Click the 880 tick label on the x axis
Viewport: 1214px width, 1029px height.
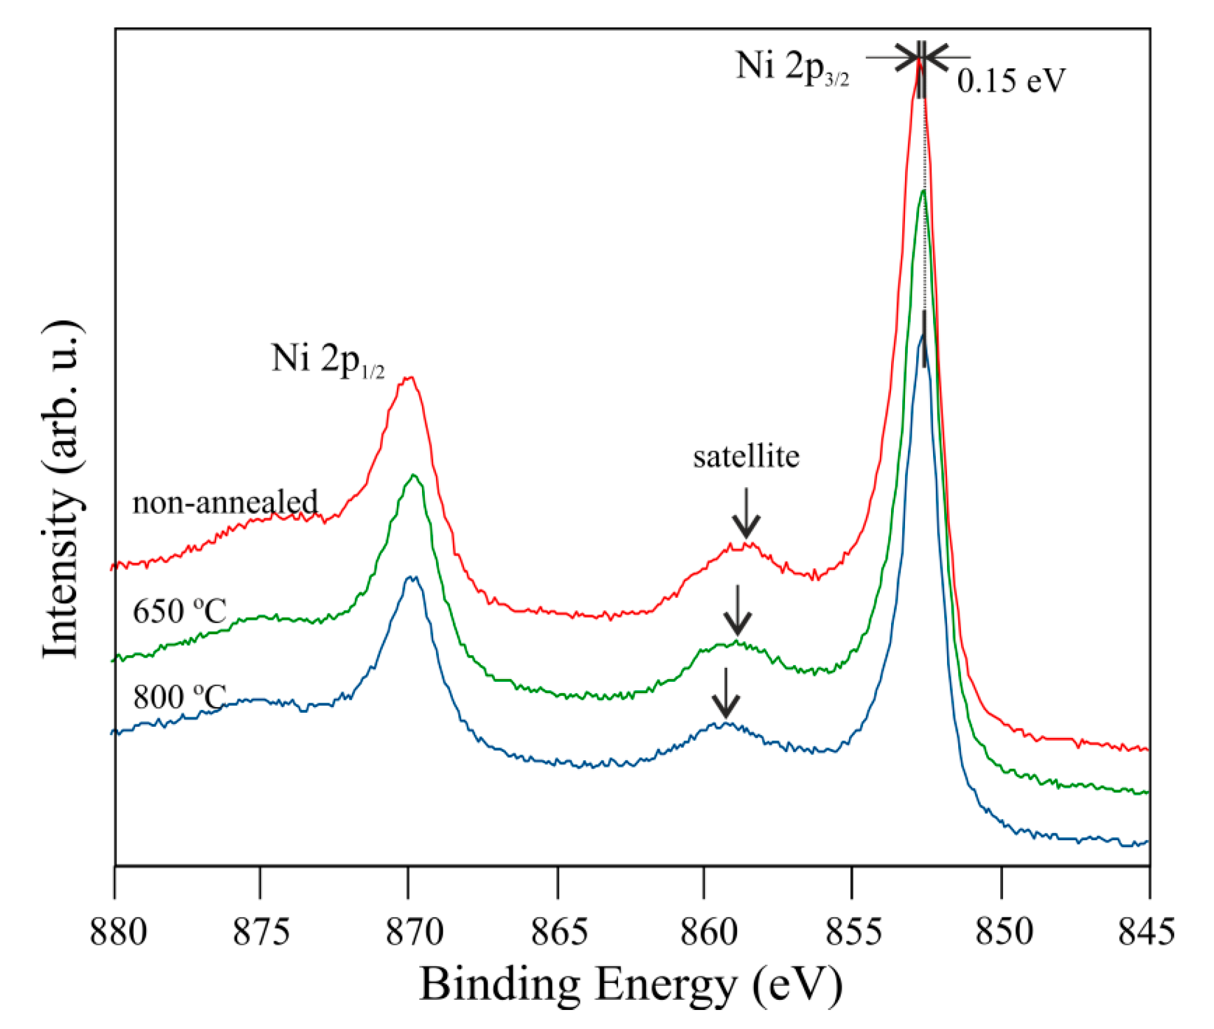coord(118,932)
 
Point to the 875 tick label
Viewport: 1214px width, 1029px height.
coord(261,932)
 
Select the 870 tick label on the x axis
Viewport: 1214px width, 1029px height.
coord(415,932)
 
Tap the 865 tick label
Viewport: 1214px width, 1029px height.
coord(559,932)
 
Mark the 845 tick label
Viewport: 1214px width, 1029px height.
coord(1146,932)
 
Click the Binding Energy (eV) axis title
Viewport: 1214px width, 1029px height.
coord(631,985)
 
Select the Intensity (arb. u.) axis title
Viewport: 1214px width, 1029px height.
coord(61,489)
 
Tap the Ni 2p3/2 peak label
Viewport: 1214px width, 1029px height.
coord(792,68)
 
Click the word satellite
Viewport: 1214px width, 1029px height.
coord(746,456)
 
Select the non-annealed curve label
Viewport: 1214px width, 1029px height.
coord(225,502)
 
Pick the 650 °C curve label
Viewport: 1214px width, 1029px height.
coord(179,611)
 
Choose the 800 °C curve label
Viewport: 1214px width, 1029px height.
coord(179,696)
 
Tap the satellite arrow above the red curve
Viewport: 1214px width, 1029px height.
coord(746,513)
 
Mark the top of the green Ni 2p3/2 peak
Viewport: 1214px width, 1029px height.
coord(924,191)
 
